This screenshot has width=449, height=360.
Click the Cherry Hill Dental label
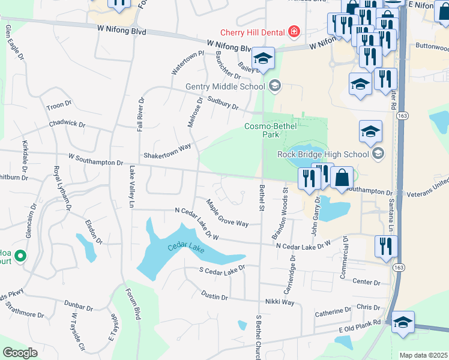coord(253,32)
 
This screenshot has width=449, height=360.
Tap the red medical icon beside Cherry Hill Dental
coord(294,31)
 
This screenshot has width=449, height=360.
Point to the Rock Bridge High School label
coord(323,154)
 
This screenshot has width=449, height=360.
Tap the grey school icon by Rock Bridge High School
coord(378,154)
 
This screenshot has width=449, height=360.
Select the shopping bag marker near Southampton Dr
coord(342,178)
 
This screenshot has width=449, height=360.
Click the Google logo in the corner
coord(20,353)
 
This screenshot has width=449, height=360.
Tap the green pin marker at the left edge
coord(20,257)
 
